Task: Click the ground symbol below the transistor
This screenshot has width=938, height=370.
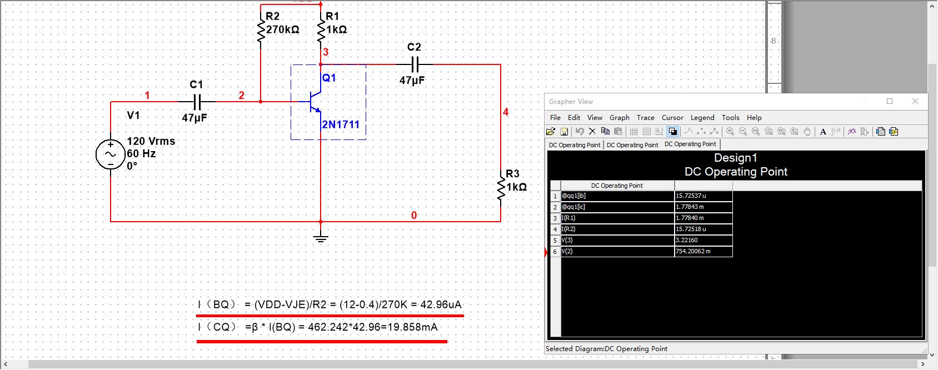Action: coord(321,238)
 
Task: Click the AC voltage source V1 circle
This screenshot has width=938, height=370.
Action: coord(110,154)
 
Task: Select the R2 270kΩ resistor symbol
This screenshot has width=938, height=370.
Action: coord(261,31)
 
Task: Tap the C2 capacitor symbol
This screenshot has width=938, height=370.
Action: coord(414,64)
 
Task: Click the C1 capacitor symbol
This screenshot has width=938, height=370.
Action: coord(197,102)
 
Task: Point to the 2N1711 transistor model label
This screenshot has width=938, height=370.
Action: coord(341,124)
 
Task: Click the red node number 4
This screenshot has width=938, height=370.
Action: coord(506,112)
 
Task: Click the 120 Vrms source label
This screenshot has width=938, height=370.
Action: coord(151,141)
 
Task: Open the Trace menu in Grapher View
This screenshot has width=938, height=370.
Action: coord(645,118)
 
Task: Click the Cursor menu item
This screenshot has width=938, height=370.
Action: coord(672,118)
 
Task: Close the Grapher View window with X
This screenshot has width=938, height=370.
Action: coord(915,101)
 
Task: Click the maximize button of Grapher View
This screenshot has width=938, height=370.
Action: coord(890,101)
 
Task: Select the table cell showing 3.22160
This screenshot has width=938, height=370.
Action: coord(703,240)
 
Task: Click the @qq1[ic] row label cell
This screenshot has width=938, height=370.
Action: coord(617,207)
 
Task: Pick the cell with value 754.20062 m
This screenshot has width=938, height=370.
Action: coord(703,251)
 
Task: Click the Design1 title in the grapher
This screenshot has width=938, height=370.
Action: coord(735,158)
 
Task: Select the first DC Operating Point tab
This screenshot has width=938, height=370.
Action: coord(575,145)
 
